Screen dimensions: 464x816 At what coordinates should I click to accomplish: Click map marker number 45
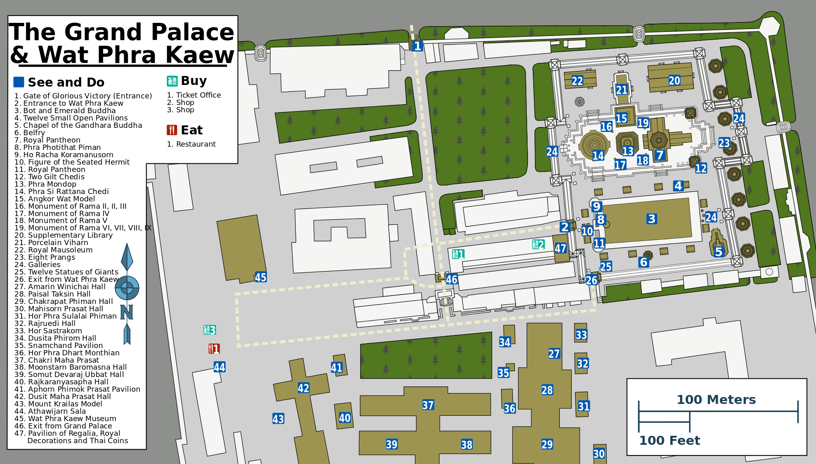tap(260, 277)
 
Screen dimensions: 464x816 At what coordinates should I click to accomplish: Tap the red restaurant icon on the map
tap(214, 349)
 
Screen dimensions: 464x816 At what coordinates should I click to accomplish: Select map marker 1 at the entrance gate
tap(417, 46)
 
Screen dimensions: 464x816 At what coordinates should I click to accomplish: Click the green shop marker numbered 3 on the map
tap(210, 330)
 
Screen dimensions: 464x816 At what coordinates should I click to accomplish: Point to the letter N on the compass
tap(126, 312)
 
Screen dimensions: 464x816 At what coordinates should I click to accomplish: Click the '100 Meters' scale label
tap(716, 399)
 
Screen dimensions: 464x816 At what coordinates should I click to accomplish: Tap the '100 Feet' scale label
tap(669, 440)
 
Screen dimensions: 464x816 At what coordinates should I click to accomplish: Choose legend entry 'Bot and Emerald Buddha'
tap(69, 111)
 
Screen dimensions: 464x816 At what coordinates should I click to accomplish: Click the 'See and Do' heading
tap(66, 82)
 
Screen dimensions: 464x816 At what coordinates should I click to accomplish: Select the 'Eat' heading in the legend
tap(191, 130)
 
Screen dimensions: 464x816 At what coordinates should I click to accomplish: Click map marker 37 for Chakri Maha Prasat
tap(428, 405)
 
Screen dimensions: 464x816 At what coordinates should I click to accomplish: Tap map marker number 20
tap(674, 80)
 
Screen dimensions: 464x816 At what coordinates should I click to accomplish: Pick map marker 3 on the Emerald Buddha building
tap(651, 219)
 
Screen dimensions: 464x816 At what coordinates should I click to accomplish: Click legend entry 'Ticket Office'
tap(198, 95)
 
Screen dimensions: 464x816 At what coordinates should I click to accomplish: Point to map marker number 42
tap(303, 388)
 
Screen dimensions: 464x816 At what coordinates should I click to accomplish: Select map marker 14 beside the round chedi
tap(598, 156)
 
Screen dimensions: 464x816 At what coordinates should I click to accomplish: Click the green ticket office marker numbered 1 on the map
tap(458, 254)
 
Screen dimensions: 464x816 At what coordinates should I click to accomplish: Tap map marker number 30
tap(599, 454)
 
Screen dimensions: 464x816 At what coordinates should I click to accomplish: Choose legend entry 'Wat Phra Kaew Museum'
tap(72, 419)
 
